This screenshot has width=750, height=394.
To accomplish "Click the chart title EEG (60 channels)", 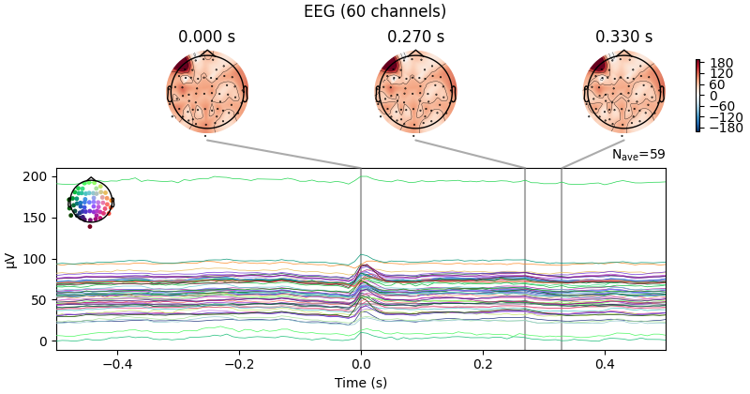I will click(375, 11).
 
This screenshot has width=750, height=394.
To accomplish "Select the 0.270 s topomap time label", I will click(415, 37).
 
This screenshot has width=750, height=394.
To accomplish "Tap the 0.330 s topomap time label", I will click(623, 37).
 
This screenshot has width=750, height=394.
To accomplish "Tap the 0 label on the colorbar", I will click(713, 96).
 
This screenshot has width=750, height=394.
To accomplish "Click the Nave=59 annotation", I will click(638, 155).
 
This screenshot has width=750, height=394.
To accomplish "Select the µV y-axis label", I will click(11, 259).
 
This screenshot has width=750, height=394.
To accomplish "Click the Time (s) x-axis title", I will click(361, 383).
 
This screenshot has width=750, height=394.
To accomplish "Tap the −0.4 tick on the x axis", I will click(116, 364).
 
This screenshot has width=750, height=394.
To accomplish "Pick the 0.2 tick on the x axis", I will click(483, 364).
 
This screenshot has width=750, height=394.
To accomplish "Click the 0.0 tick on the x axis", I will click(361, 364).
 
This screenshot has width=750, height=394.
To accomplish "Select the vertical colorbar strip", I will click(697, 96).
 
